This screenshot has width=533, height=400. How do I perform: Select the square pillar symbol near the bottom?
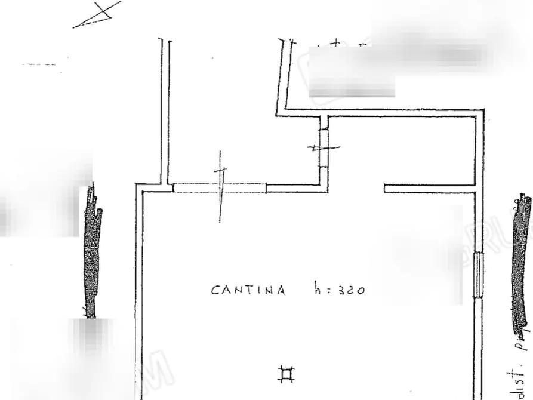[x=286, y=374]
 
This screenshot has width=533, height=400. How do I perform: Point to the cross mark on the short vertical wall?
[x=323, y=146]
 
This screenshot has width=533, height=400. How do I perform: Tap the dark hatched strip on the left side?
[x=91, y=251]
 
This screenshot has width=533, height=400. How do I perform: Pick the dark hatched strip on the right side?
[x=521, y=263]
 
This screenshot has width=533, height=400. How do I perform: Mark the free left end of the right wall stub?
[x=386, y=188]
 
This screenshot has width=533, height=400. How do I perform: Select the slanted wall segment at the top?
[x=284, y=75]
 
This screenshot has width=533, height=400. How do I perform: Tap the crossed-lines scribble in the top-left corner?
[x=98, y=13]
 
